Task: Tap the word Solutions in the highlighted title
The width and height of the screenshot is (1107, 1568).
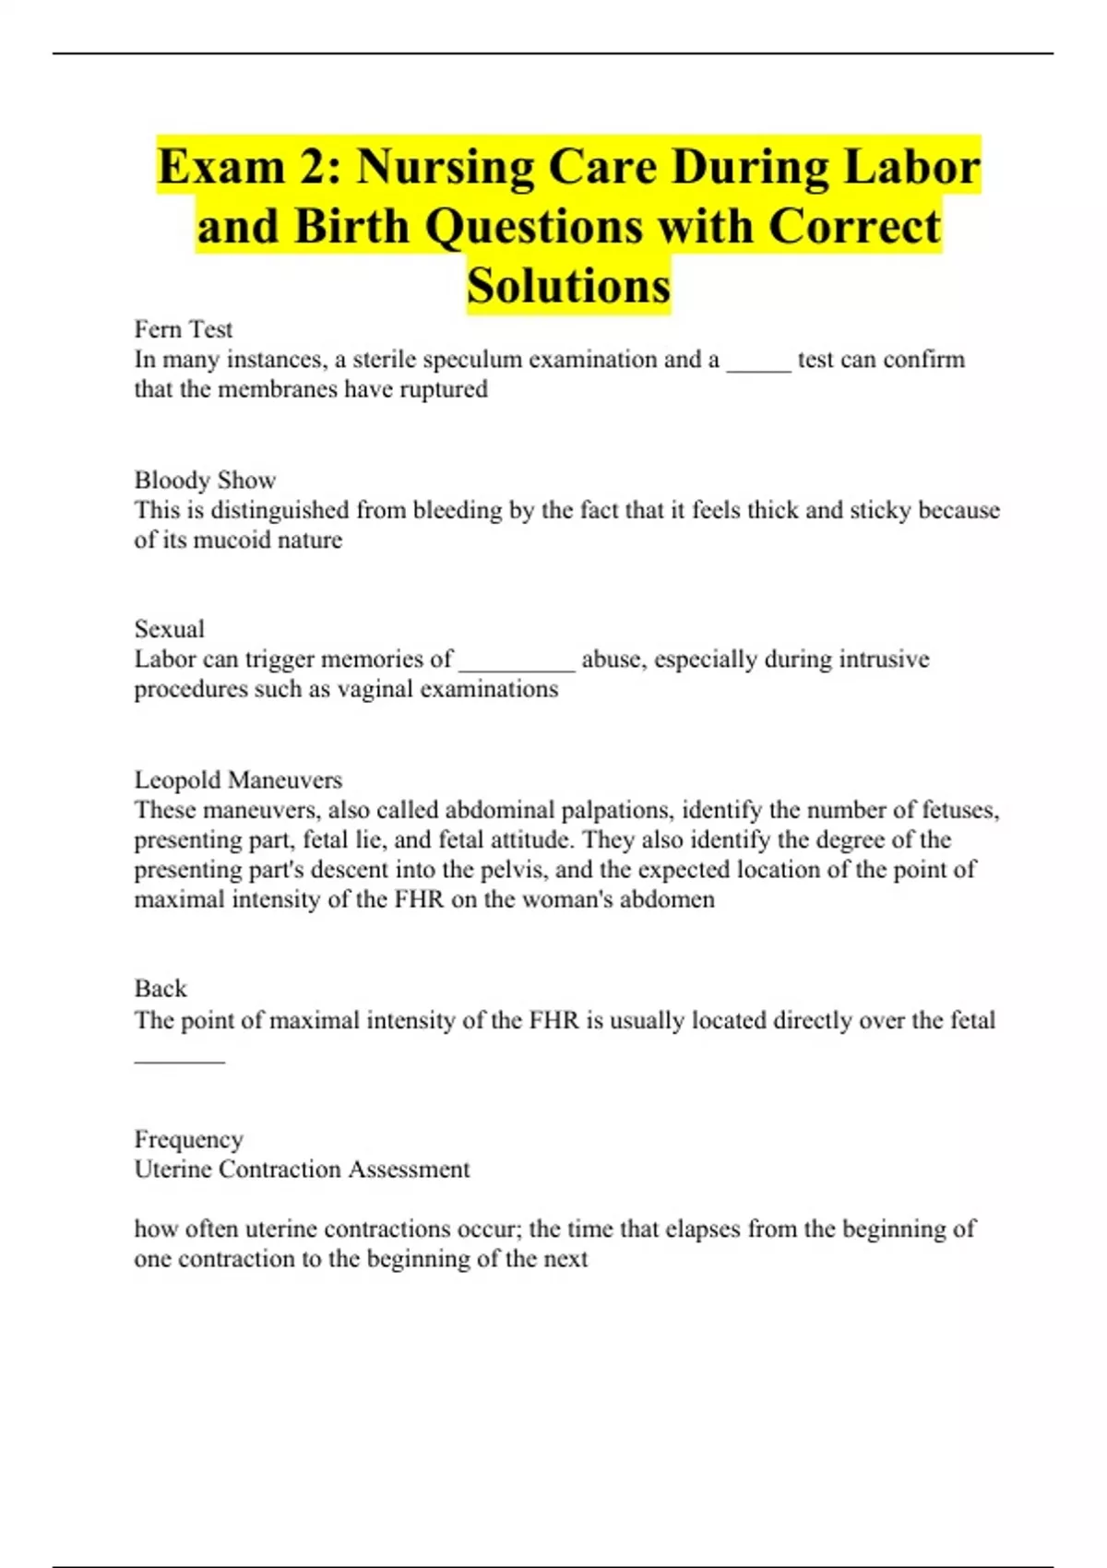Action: point(568,285)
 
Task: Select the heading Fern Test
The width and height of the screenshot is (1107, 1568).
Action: point(184,329)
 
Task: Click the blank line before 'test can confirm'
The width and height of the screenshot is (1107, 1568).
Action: point(758,367)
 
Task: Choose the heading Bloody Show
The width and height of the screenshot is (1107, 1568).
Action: point(205,480)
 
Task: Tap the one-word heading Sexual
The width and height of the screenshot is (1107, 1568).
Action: point(170,629)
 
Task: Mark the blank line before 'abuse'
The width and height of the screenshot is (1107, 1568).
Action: point(517,667)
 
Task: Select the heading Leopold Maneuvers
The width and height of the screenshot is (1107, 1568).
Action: point(238,779)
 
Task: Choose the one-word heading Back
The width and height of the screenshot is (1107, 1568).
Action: point(161,989)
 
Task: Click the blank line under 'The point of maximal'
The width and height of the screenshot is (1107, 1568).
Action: point(179,1059)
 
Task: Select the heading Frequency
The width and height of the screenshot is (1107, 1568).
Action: point(189,1139)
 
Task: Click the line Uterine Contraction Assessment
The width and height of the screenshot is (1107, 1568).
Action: point(302,1170)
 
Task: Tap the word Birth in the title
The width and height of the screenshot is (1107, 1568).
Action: point(351,227)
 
